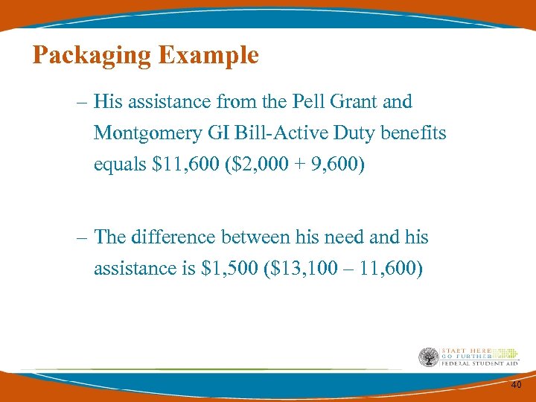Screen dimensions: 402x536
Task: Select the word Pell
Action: click(x=309, y=101)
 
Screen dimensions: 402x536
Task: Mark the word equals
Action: click(x=120, y=165)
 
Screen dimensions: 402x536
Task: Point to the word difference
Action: click(x=165, y=237)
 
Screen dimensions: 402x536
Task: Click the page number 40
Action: click(x=517, y=384)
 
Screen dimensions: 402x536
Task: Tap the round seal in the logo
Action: click(x=430, y=358)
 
